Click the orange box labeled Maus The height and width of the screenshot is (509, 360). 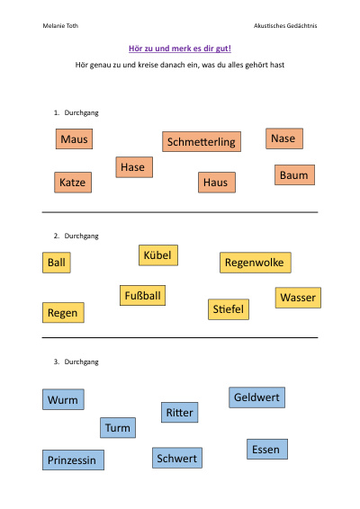[74, 138]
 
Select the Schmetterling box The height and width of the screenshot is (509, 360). [202, 141]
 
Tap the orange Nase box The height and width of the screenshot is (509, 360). [284, 138]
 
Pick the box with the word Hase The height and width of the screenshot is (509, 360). [134, 167]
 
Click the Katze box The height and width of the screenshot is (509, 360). [73, 183]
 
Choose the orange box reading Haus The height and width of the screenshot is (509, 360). [217, 183]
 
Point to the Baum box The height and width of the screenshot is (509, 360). [294, 175]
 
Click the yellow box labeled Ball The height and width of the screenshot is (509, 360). [57, 263]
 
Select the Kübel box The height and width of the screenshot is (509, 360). [158, 255]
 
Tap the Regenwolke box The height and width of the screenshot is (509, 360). [256, 263]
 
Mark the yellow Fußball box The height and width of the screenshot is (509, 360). [142, 295]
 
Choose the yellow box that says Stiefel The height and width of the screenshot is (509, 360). [229, 309]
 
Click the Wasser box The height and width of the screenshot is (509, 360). [298, 298]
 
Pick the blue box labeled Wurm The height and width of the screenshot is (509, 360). [63, 399]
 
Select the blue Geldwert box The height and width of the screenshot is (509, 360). [257, 397]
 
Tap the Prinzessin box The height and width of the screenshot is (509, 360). [74, 460]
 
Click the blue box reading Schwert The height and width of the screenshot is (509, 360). [177, 458]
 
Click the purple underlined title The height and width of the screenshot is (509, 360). [180, 49]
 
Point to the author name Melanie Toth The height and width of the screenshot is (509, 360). [60, 26]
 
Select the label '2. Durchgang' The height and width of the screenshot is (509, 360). [76, 236]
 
